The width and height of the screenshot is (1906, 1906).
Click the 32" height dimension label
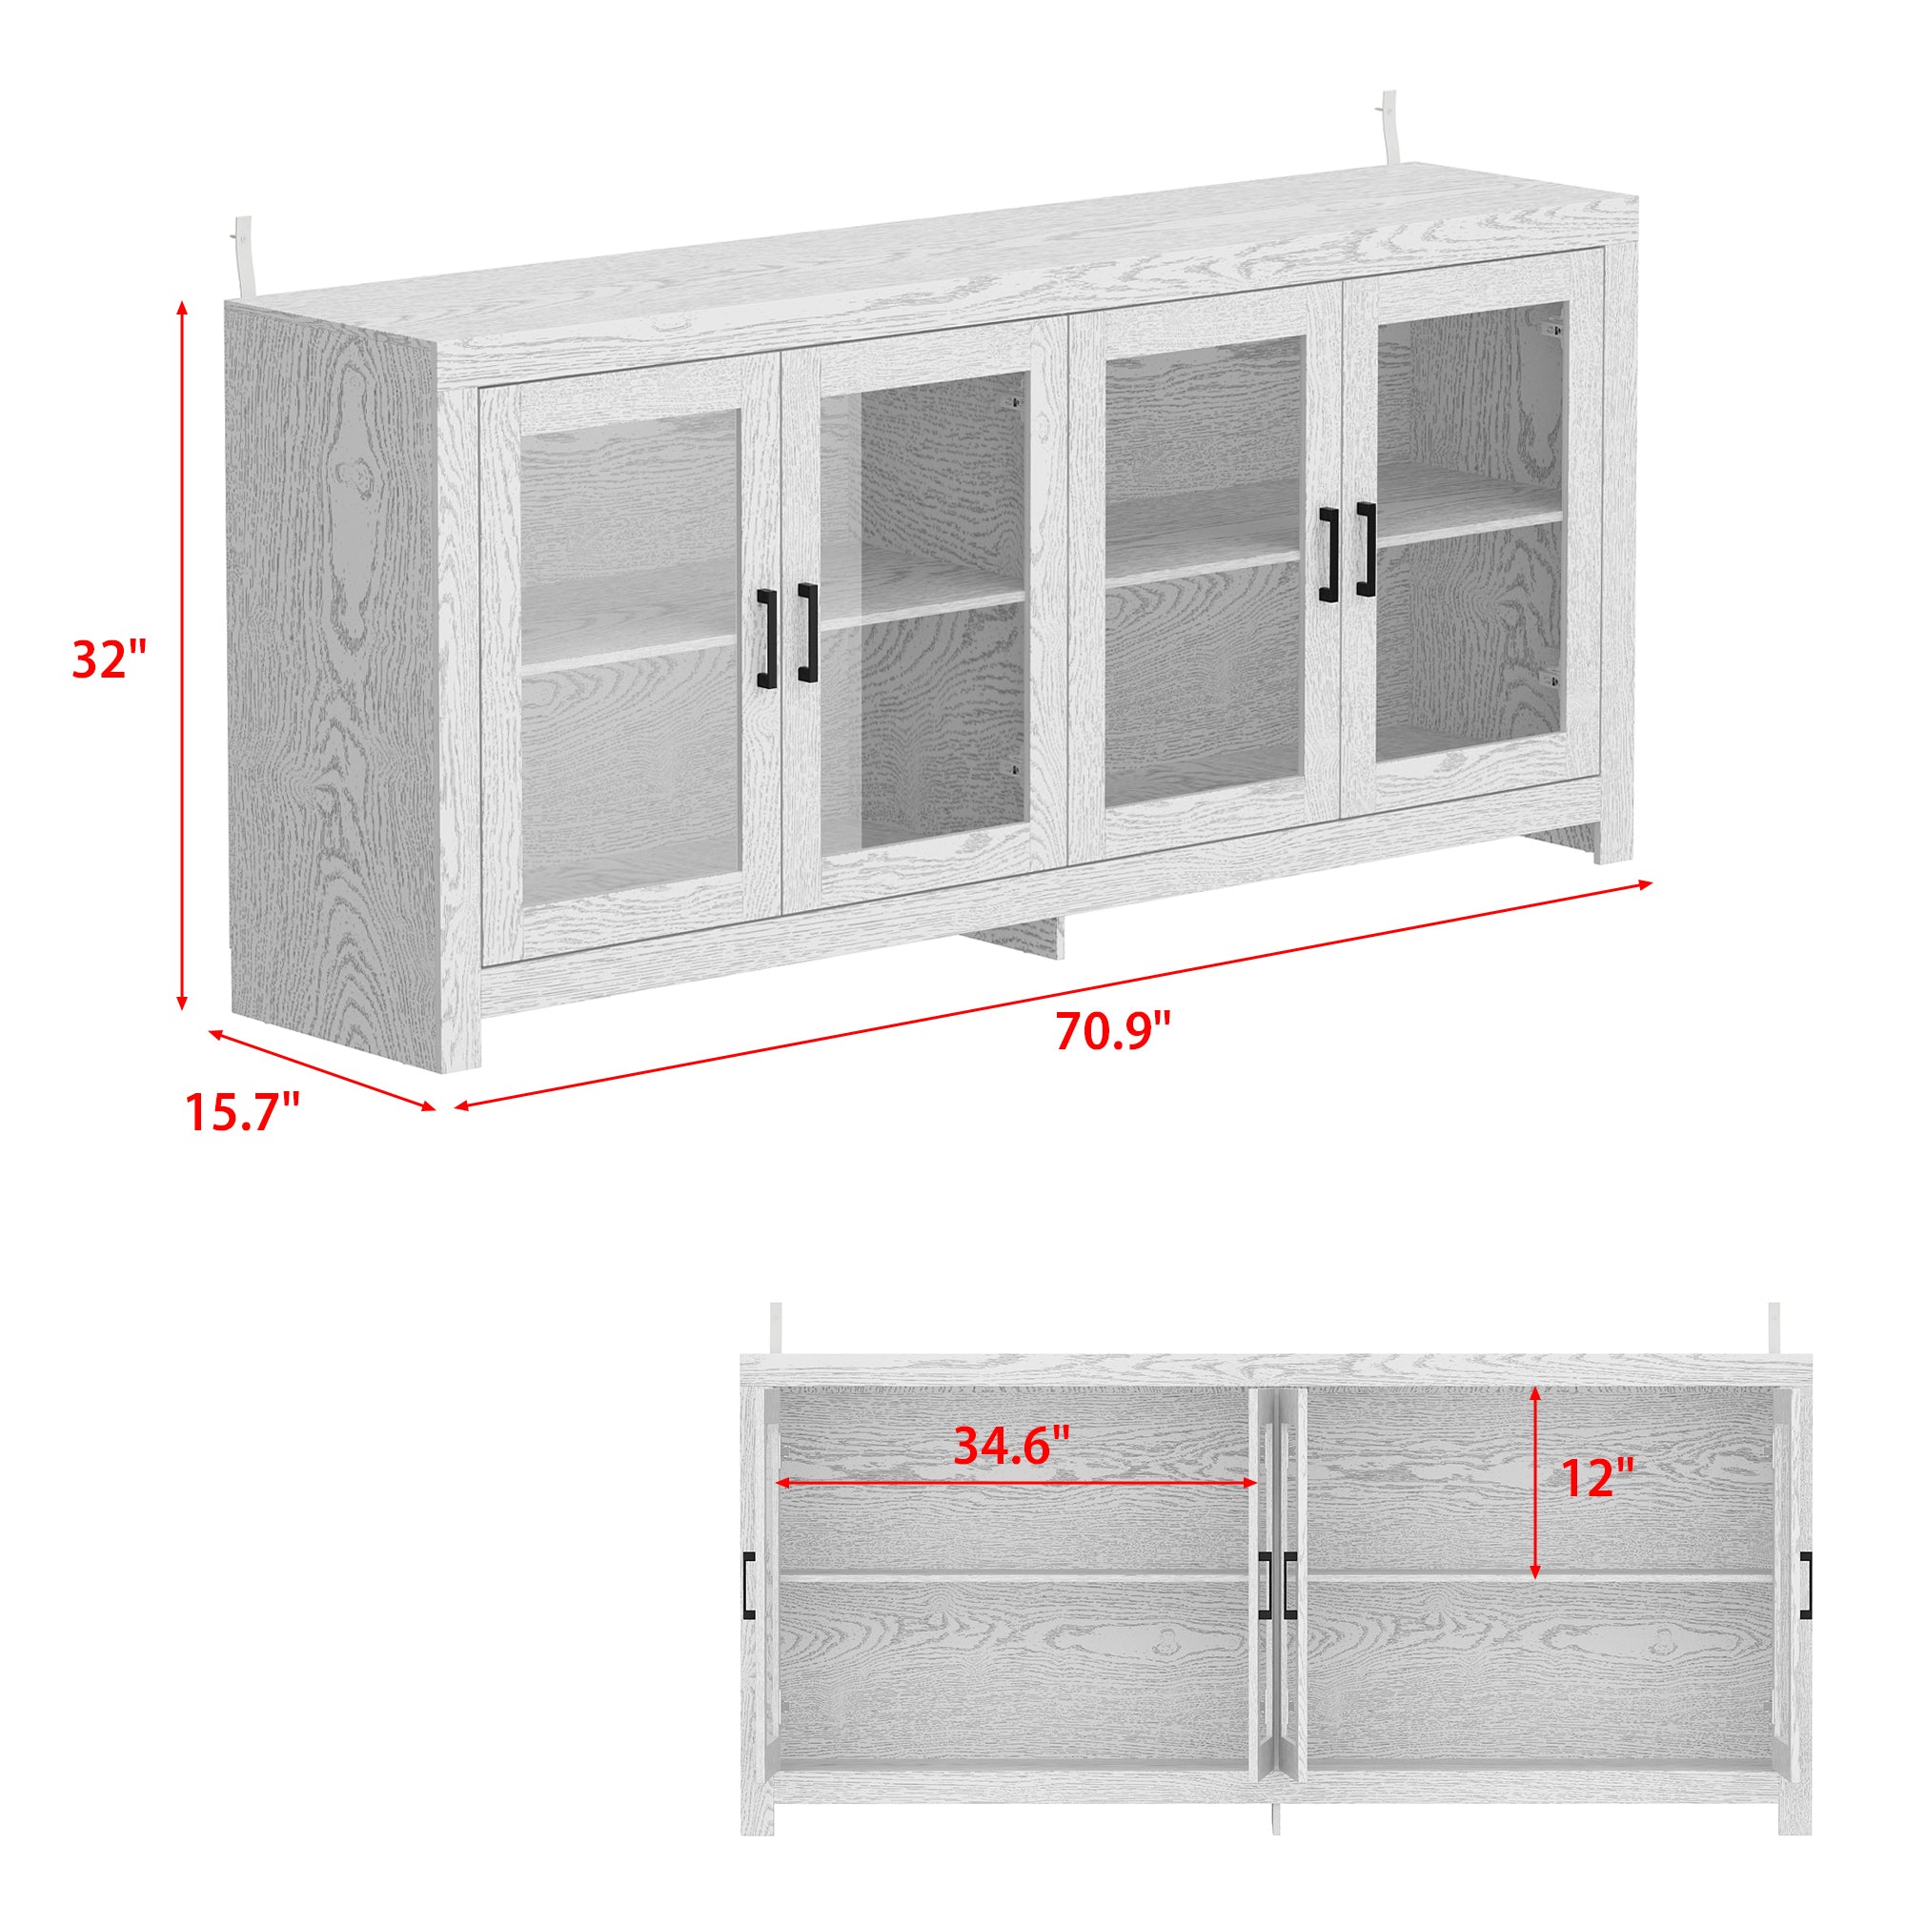click(109, 659)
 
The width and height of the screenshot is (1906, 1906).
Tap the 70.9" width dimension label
click(1112, 1032)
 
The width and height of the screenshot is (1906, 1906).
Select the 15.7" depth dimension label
click(243, 1112)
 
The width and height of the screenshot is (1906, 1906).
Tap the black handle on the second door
click(808, 633)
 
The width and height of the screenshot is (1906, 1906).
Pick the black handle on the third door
click(1328, 555)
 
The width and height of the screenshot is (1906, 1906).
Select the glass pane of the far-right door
click(1468, 533)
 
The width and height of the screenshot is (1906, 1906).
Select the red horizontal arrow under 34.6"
click(1016, 1511)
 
